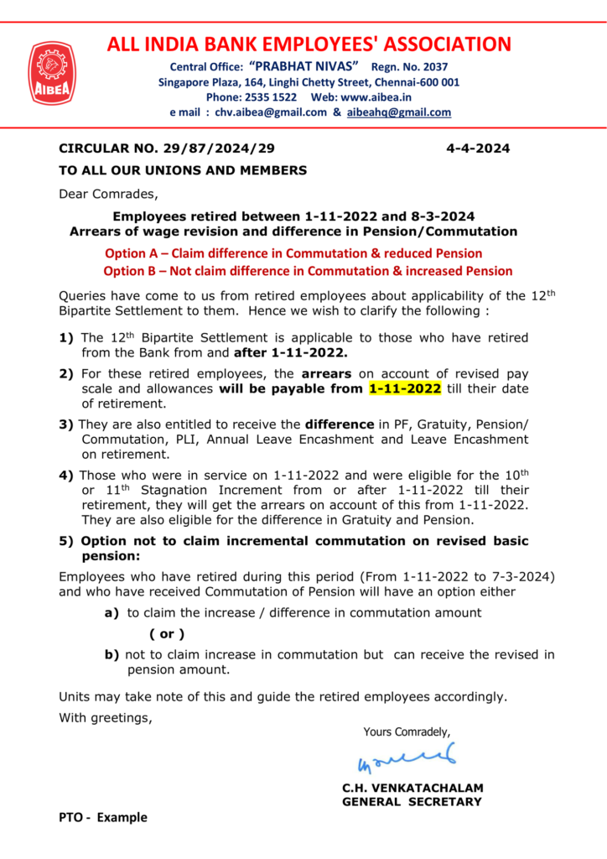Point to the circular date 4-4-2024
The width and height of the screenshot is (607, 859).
(478, 149)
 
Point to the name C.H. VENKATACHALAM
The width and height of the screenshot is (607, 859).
(412, 789)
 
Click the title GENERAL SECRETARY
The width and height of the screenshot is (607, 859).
(412, 802)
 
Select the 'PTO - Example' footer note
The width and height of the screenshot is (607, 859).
(102, 817)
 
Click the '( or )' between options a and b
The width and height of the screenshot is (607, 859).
(167, 634)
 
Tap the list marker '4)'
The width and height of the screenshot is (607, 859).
(66, 475)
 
